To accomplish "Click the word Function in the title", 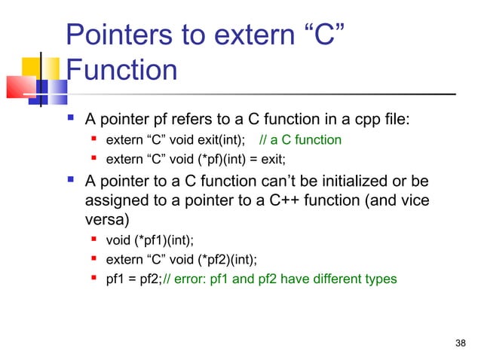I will point(121,71).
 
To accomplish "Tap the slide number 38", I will point(461,344).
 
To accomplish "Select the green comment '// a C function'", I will point(300,139).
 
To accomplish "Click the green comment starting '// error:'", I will point(279,279).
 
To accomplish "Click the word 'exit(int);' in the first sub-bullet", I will point(219,139).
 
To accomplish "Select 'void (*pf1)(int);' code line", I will point(151,241).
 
